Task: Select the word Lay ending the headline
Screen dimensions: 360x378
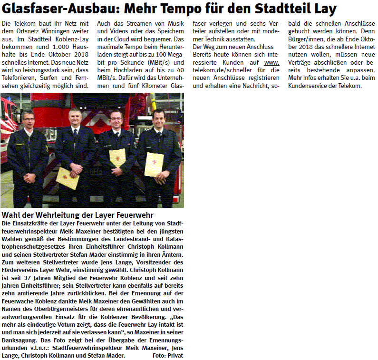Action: (x=326, y=9)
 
